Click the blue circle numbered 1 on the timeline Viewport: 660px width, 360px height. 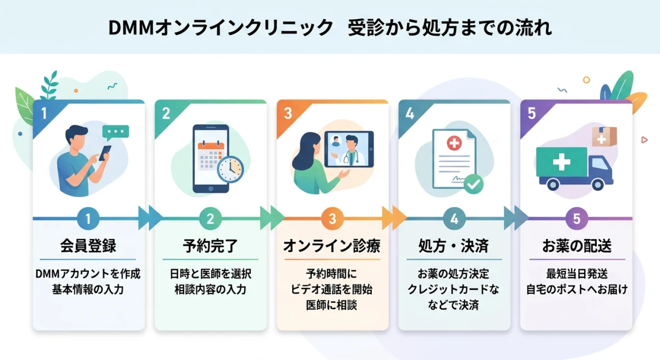[88, 219]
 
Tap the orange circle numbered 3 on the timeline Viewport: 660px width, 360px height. [332, 219]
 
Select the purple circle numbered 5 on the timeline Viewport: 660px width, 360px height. [576, 219]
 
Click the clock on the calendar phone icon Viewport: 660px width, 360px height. [230, 169]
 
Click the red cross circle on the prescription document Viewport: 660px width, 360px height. [454, 144]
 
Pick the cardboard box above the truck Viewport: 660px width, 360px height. [604, 136]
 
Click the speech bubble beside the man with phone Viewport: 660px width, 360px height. [116, 132]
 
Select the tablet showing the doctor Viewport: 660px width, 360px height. [348, 149]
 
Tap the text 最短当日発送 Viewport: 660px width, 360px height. [576, 274]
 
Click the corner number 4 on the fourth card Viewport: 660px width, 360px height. [409, 113]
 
